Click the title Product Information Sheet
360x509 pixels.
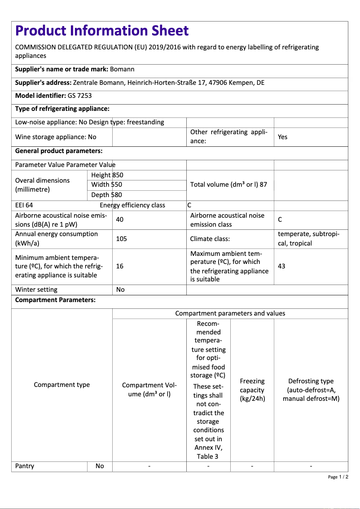[x=102, y=31]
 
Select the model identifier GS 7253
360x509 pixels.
[x=80, y=96]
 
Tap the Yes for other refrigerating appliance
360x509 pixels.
[x=282, y=137]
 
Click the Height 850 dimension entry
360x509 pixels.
[x=107, y=175]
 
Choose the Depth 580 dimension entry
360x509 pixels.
[x=106, y=195]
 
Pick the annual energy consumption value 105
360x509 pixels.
[x=121, y=239]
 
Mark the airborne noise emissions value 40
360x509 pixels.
[x=120, y=219]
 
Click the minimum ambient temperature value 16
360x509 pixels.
[x=119, y=266]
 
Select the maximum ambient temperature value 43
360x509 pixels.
[x=281, y=266]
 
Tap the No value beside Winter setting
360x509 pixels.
[x=120, y=290]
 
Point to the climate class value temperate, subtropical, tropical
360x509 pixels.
[x=309, y=239]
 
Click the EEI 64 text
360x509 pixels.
[x=24, y=205]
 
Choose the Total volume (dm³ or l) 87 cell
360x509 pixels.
[x=228, y=184]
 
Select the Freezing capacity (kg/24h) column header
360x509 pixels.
[x=252, y=390]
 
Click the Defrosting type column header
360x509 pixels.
[x=311, y=390]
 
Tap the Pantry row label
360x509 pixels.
[x=25, y=466]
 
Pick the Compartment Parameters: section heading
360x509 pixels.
[x=55, y=300]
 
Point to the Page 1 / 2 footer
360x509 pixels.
[x=338, y=477]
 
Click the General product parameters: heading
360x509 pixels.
[x=59, y=151]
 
